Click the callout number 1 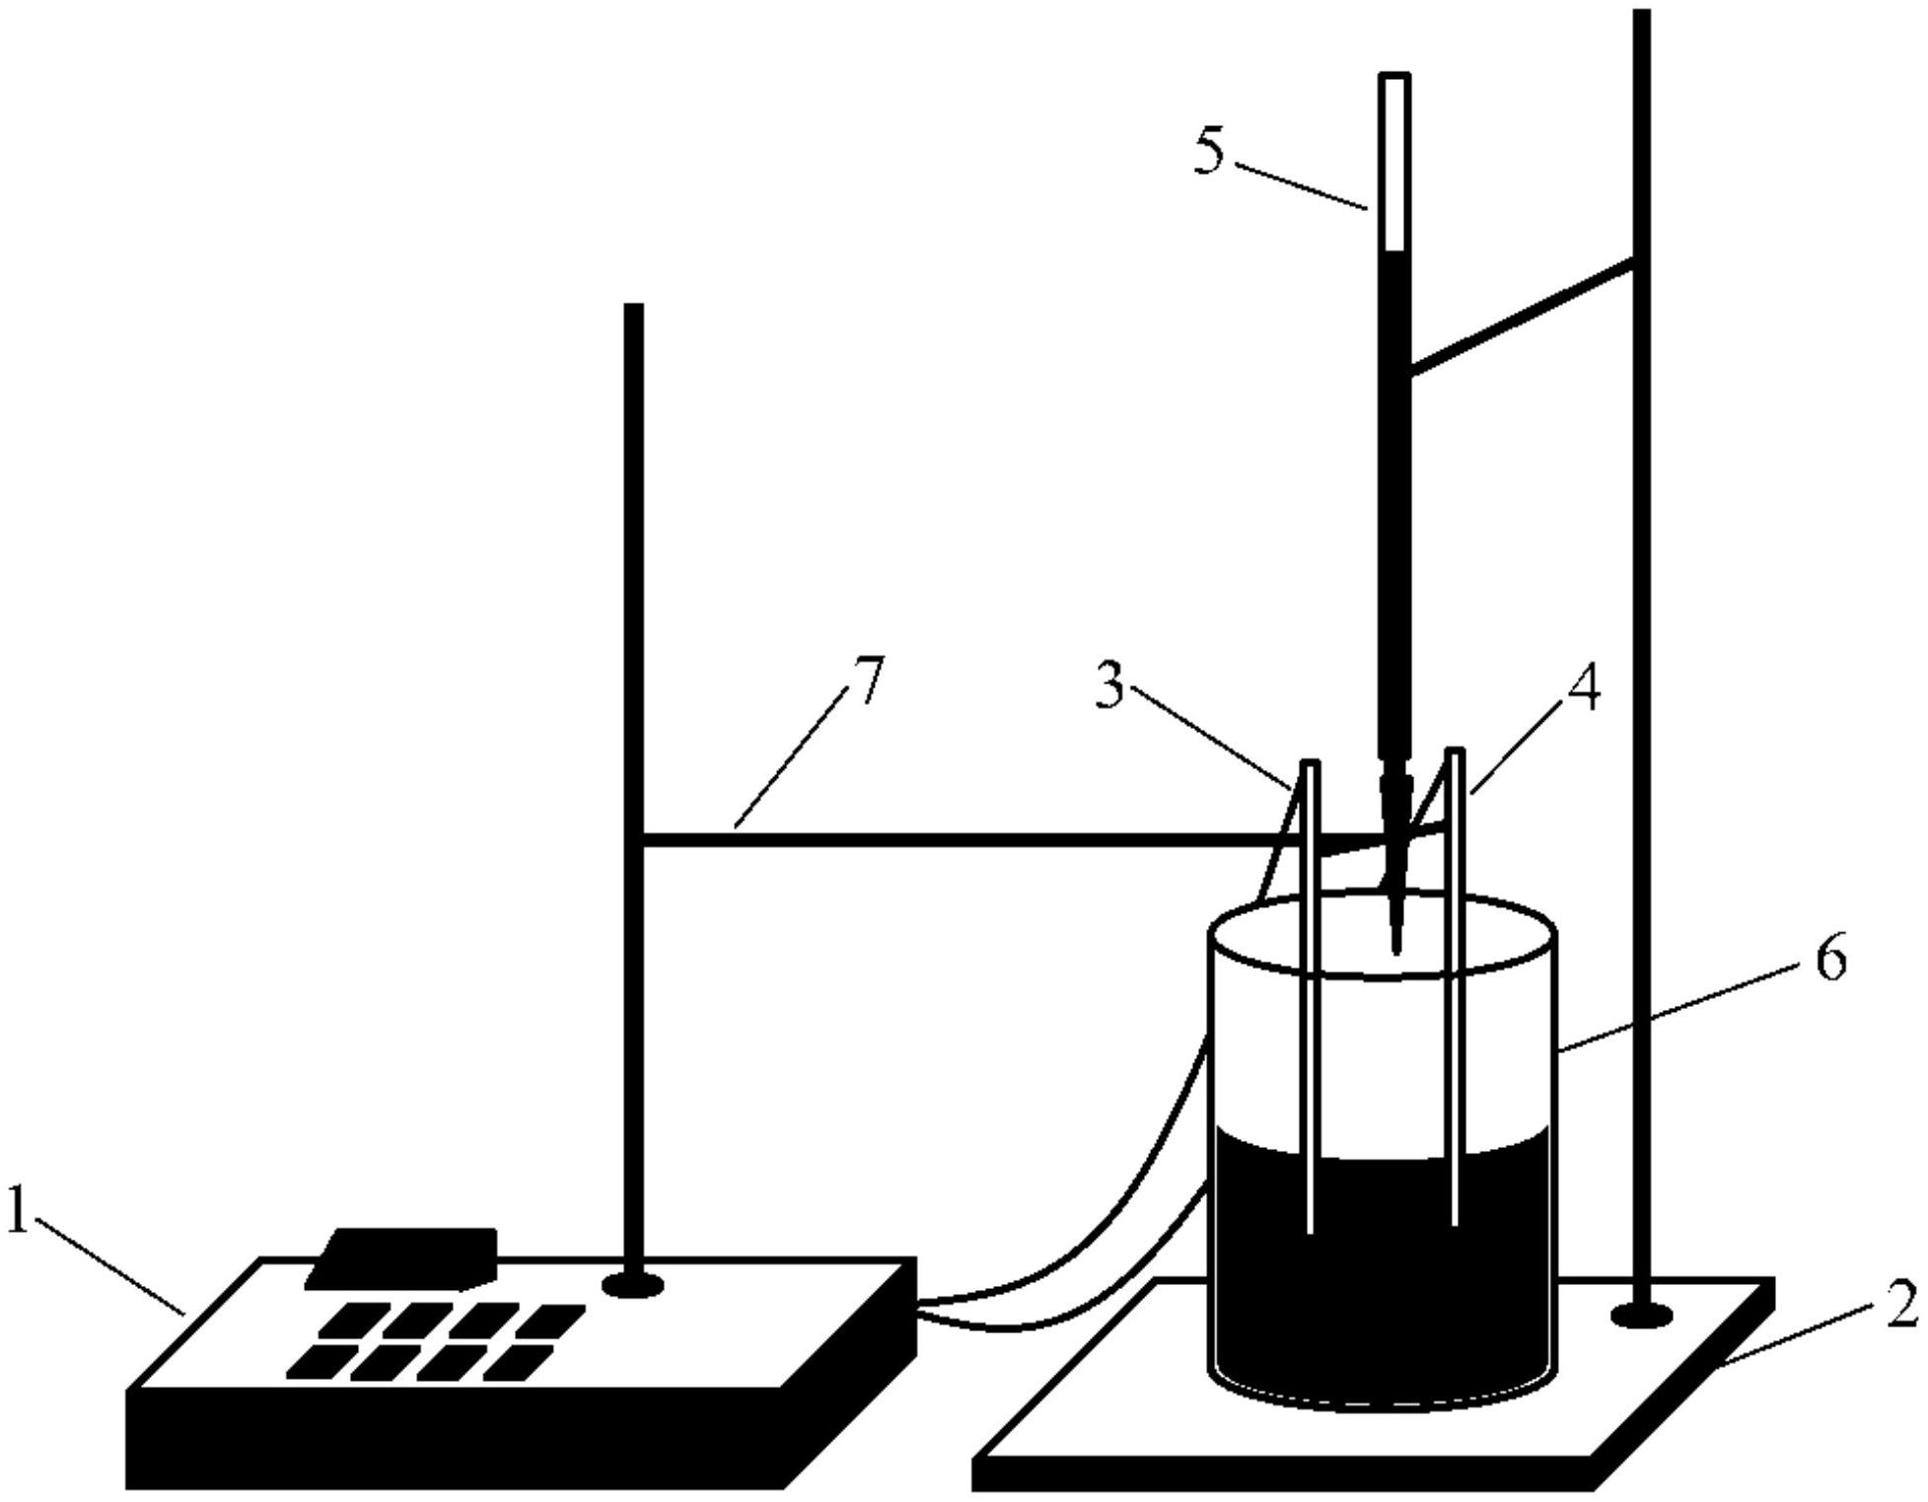17,1210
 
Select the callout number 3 1110,686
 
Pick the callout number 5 1210,153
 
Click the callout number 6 1831,958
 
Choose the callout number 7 869,679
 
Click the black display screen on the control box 402,1258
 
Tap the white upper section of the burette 1394,163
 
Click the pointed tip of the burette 1395,949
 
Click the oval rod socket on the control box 632,1284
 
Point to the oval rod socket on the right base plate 1641,1315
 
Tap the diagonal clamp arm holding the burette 1521,317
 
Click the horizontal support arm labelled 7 986,839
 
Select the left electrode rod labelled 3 1310,996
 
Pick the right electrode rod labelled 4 1455,987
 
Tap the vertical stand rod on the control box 633,789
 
